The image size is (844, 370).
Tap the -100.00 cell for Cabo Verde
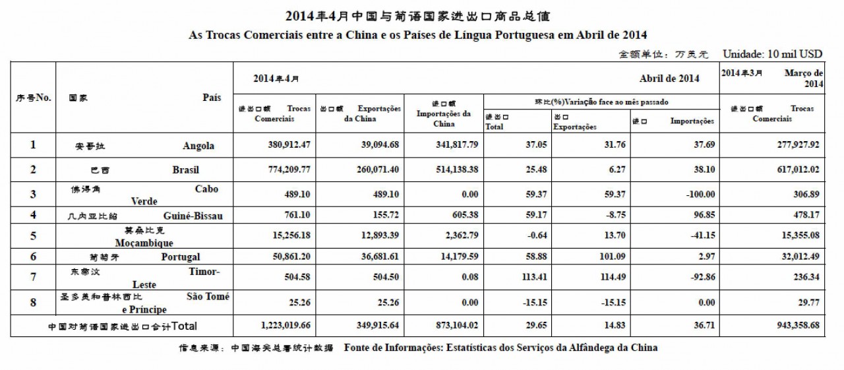698,194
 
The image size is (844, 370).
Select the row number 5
33,235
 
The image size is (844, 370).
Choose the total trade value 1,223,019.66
283,325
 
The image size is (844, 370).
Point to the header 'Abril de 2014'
669,78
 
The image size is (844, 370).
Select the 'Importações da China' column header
444,113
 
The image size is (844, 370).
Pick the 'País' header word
211,97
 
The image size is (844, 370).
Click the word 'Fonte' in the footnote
358,348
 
